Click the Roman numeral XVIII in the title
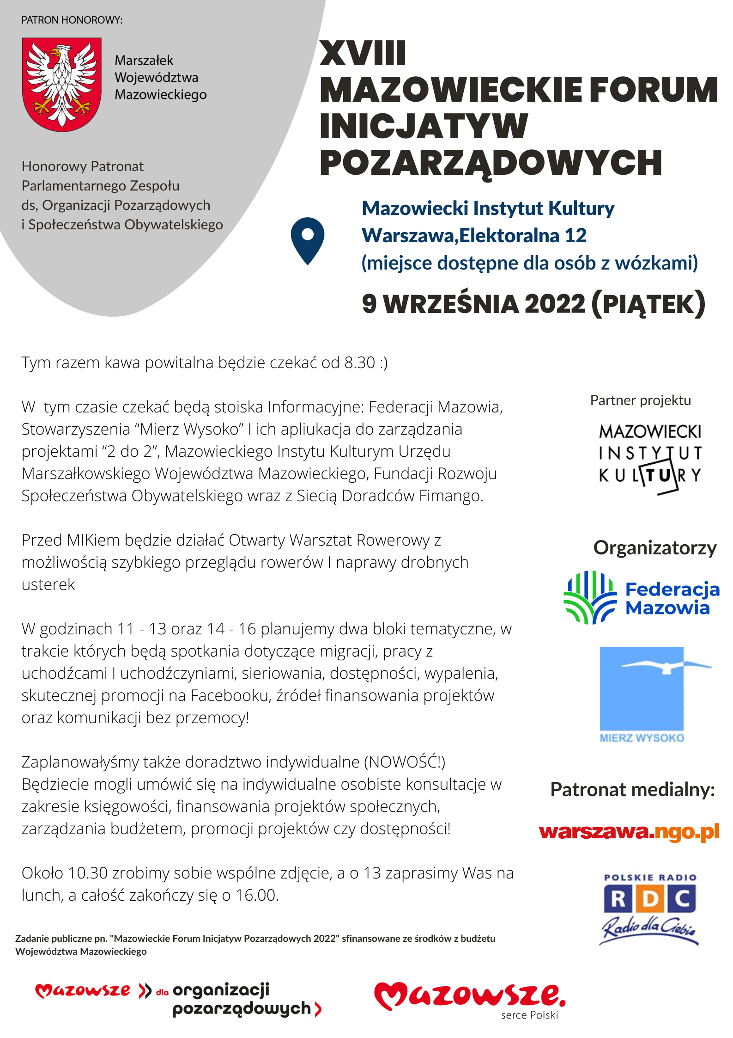(363, 54)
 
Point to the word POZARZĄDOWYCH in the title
(491, 163)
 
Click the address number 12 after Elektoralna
(575, 236)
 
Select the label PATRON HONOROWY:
(72, 20)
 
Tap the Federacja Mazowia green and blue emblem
(590, 597)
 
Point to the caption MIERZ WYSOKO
(642, 738)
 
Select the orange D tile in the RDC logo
(650, 899)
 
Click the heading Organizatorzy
(654, 548)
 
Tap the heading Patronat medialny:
(632, 790)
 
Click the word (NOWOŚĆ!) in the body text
(405, 762)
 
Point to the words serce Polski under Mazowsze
(529, 1015)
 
